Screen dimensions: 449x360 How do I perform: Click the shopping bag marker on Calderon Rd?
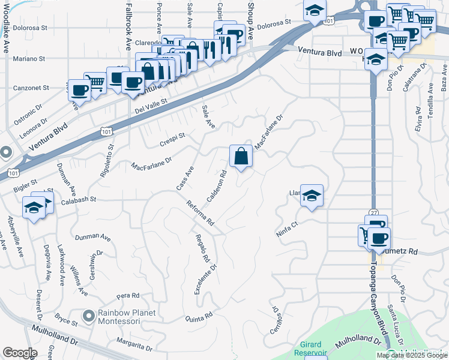point(241,157)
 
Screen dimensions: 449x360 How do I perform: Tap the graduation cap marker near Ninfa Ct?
point(312,196)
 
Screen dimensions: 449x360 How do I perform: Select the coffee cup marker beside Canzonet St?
point(79,91)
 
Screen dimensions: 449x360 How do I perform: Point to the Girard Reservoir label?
point(310,350)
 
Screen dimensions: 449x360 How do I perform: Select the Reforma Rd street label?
point(200,213)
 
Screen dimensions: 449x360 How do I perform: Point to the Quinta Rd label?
point(199,316)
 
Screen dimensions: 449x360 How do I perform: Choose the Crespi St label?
point(172,139)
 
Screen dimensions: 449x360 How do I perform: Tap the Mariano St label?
point(30,59)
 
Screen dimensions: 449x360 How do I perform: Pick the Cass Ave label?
point(185,179)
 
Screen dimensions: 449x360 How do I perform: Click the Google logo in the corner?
point(20,353)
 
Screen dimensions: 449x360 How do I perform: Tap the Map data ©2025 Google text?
point(412,355)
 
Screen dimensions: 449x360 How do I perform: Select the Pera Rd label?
point(128,295)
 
